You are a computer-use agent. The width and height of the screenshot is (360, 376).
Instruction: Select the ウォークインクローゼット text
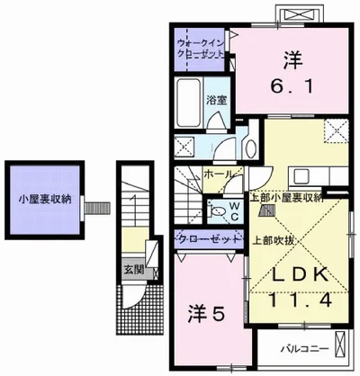pos(200,47)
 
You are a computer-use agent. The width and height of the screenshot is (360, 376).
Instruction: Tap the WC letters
pos(233,210)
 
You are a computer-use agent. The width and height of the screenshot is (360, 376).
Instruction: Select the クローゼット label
pos(209,238)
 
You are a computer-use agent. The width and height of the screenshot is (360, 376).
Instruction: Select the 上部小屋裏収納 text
pos(285,198)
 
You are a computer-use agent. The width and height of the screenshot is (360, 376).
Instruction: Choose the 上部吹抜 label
pos(270,239)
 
